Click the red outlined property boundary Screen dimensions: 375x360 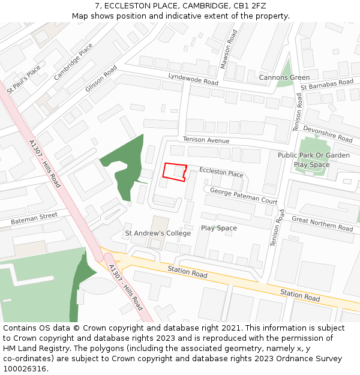[175, 171]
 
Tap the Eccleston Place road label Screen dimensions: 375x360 [221, 173]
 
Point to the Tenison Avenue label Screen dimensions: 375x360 [206, 140]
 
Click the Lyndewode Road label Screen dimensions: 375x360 [193, 79]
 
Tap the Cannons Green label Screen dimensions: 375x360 [284, 77]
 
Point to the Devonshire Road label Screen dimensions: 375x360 [328, 134]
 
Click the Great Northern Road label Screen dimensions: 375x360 [322, 224]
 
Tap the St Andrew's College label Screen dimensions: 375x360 [158, 233]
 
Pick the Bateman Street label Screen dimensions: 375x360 [34, 219]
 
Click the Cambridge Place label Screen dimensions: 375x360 [73, 62]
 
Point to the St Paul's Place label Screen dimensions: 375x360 [24, 79]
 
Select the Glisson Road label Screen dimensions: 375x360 [101, 79]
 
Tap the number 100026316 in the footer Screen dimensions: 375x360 [25, 368]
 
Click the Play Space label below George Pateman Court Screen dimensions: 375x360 [219, 228]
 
